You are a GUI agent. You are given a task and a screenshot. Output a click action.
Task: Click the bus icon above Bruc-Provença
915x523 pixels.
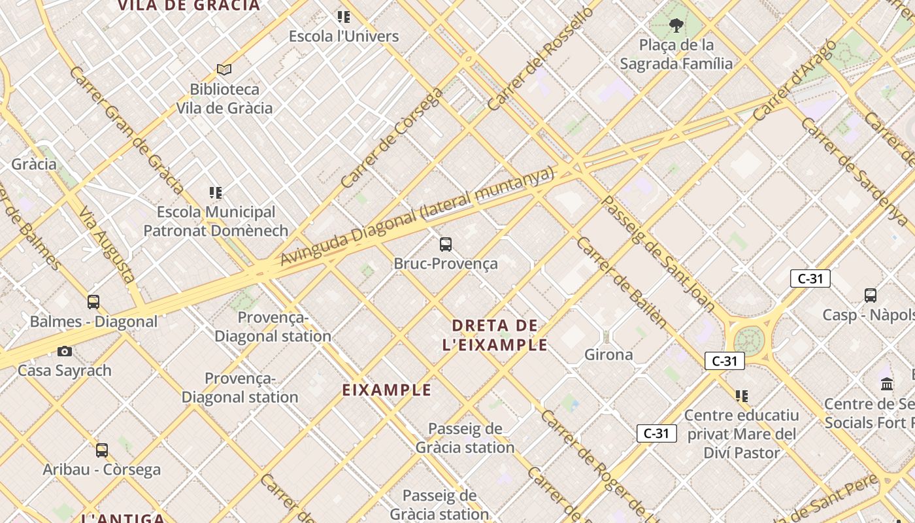pos(446,245)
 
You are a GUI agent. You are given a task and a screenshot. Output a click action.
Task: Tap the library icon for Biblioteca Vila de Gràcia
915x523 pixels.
pos(224,69)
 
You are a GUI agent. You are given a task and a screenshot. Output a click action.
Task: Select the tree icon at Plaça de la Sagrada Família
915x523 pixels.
pos(676,25)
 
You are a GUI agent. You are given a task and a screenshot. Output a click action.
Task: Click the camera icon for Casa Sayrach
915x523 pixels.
pos(64,352)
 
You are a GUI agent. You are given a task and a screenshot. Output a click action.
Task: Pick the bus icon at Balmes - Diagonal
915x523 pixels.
pos(93,302)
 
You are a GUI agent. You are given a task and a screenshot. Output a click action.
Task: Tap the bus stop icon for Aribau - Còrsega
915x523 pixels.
pos(102,450)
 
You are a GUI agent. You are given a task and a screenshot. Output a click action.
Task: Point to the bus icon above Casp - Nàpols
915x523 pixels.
pos(871,295)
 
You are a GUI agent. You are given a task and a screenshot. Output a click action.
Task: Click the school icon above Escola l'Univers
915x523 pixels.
pos(344,17)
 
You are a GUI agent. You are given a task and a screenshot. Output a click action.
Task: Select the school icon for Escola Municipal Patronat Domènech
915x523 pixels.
pos(216,193)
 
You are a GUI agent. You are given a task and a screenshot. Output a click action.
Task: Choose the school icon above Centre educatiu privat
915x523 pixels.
pos(742,396)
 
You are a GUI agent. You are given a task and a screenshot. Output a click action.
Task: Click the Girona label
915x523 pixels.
pos(608,355)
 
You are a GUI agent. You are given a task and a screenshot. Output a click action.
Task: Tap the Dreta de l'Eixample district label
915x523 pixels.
pos(495,335)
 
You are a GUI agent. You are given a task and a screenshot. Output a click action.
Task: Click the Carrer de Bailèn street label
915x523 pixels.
pos(622,282)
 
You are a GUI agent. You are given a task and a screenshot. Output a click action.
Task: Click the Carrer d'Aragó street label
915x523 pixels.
pos(794,80)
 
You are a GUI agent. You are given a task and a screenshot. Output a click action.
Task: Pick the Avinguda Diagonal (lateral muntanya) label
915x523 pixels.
pos(417,216)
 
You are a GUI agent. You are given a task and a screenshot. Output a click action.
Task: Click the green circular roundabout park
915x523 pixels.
pos(749,341)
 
